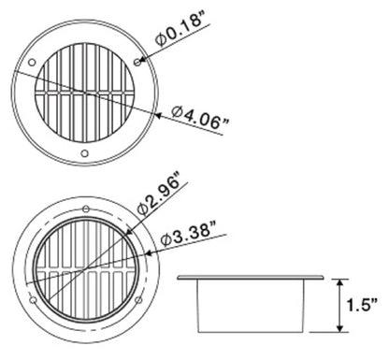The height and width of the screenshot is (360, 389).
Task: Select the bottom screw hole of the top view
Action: coord(85,152)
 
